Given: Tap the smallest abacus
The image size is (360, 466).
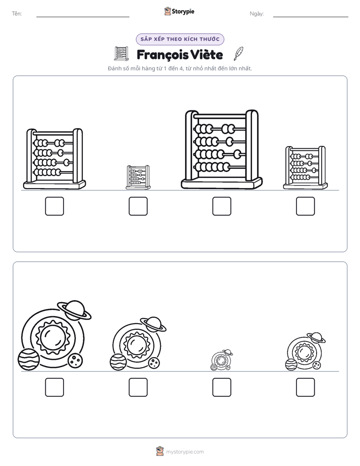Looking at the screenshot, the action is click(138, 178).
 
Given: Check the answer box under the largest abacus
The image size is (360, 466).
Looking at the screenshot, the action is click(221, 206).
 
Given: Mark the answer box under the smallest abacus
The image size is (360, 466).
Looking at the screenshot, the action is click(138, 206).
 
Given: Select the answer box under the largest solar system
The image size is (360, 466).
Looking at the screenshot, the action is click(54, 387).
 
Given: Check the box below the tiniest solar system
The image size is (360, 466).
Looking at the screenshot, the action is click(221, 387).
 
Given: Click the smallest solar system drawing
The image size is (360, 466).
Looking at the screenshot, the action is click(221, 360).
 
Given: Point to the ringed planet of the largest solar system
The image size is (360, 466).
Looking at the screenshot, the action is click(74, 310).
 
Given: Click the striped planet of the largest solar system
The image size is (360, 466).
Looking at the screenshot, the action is click(29, 359).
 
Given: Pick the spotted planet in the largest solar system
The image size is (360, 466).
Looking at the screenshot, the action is click(75, 361).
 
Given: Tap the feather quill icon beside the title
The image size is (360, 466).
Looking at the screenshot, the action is click(238, 53).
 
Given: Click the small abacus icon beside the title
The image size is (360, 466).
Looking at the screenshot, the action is click(122, 54).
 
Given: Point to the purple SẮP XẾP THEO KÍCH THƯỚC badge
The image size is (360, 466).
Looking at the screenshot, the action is click(180, 39).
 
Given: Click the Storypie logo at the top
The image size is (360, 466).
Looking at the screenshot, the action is click(179, 11).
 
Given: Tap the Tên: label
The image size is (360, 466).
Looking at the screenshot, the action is click(17, 14).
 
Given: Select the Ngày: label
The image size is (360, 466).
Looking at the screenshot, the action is click(257, 14).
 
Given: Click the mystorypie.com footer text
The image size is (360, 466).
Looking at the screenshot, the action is click(185, 452).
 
